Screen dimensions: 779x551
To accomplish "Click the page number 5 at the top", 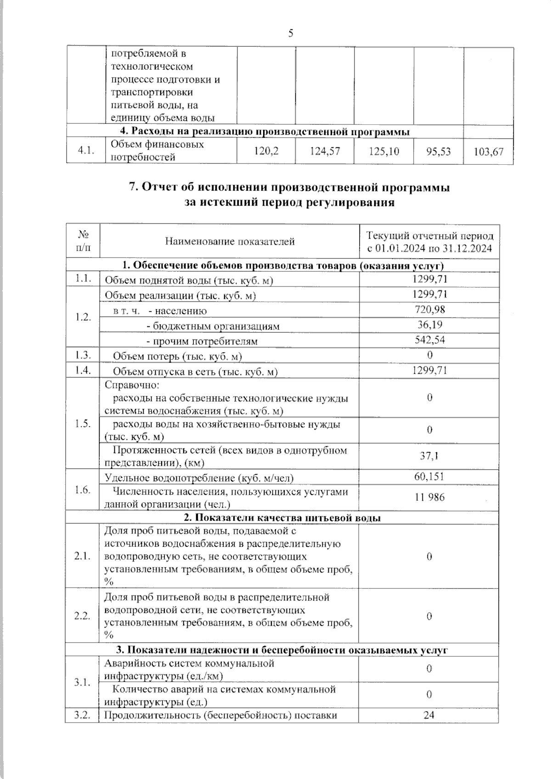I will (291, 33).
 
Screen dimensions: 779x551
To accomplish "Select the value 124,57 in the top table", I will (325, 151).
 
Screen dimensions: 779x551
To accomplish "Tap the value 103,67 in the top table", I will (489, 151).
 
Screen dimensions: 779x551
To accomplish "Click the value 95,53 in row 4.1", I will (438, 151).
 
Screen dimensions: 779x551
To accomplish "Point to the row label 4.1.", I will (86, 151).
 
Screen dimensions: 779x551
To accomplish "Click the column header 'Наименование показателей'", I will (230, 241).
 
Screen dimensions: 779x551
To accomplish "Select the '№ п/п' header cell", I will (83, 241).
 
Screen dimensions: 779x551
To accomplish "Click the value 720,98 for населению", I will (429, 310).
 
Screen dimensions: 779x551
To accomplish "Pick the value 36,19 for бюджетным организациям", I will (429, 325).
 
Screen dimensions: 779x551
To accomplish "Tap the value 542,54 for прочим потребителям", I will (429, 340).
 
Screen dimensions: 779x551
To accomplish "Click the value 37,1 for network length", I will (429, 456).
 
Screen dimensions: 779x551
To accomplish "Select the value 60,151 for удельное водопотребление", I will (429, 477).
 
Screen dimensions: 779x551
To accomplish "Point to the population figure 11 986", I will (429, 497).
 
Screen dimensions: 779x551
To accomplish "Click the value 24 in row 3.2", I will (429, 715).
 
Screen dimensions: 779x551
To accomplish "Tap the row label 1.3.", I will (83, 355).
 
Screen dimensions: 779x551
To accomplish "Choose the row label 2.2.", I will (82, 616).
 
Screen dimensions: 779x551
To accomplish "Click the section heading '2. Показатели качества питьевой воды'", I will (282, 518).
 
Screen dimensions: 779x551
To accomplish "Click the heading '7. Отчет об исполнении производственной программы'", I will (289, 188).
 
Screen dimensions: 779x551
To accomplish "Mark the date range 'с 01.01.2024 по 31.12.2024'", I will (429, 249).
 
